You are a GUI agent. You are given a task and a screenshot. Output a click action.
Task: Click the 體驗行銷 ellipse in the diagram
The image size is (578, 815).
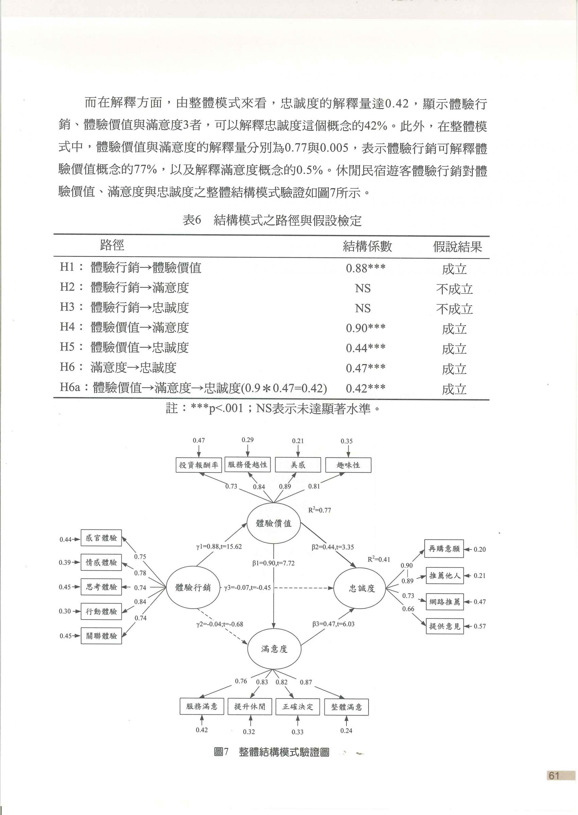(x=192, y=588)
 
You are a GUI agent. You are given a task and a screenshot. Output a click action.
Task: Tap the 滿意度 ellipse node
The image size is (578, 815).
(x=274, y=649)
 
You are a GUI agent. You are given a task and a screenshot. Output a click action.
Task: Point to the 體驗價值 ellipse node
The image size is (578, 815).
(x=274, y=523)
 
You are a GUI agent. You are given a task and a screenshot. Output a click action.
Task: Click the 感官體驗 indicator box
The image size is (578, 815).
(x=101, y=538)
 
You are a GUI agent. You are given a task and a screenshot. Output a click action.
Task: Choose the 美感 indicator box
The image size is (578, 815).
(x=298, y=465)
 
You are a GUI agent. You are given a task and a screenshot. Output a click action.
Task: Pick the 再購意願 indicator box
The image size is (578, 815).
(x=444, y=549)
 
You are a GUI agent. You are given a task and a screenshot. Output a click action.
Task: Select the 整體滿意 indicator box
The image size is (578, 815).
(x=346, y=707)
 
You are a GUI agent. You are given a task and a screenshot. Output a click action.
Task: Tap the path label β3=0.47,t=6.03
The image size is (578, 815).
(x=334, y=624)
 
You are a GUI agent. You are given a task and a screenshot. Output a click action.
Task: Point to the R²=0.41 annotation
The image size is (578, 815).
(x=379, y=559)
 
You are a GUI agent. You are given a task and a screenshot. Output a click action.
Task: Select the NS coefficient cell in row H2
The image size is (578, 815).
(x=363, y=288)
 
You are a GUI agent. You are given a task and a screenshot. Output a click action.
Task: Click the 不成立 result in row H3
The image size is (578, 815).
(x=455, y=309)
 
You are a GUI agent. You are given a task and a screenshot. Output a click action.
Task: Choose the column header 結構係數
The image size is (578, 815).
(x=367, y=246)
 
